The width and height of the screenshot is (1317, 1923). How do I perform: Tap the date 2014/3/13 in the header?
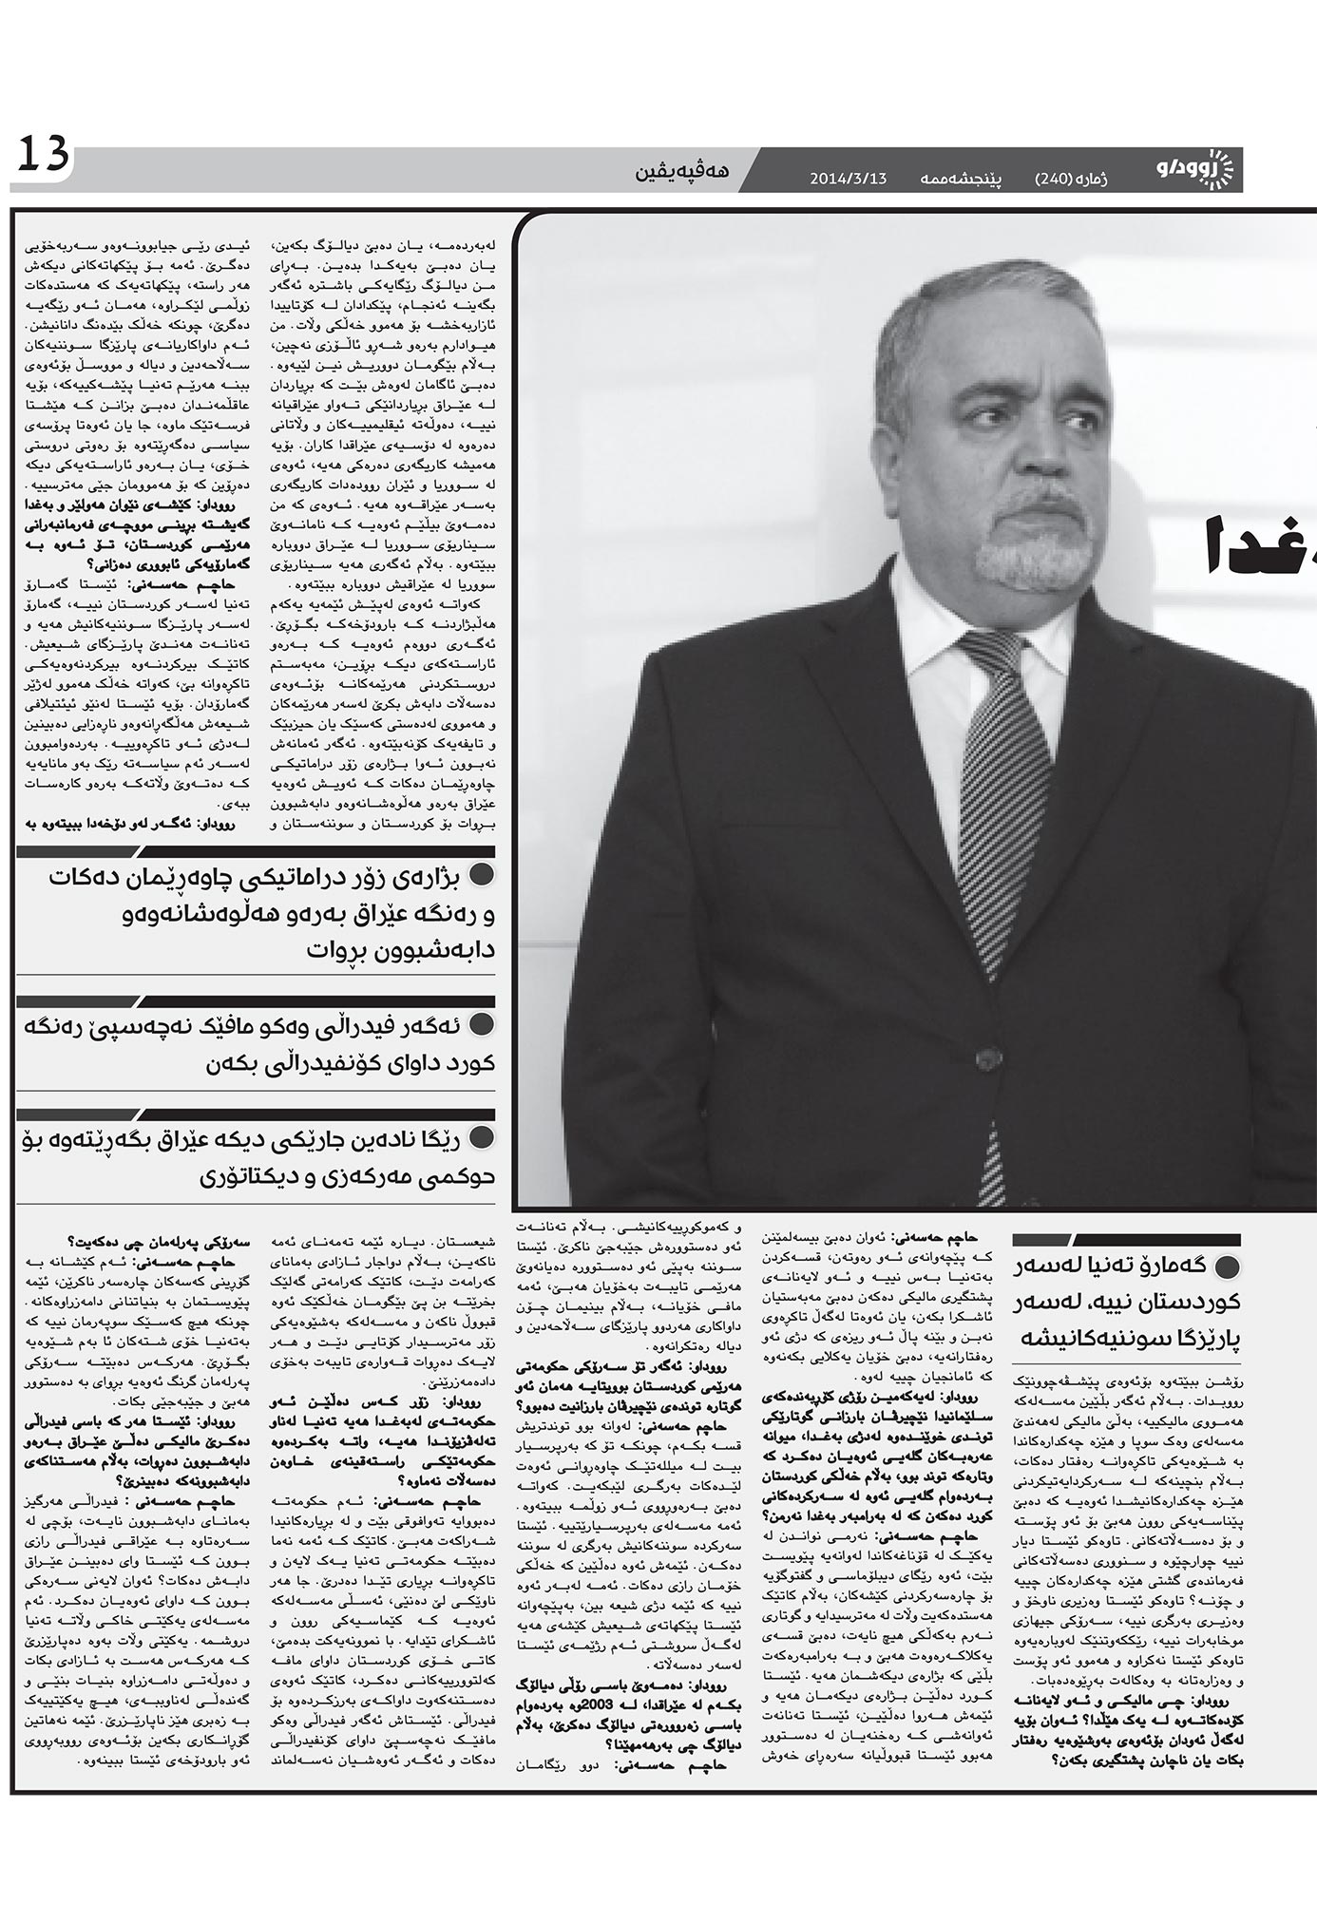point(848,178)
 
